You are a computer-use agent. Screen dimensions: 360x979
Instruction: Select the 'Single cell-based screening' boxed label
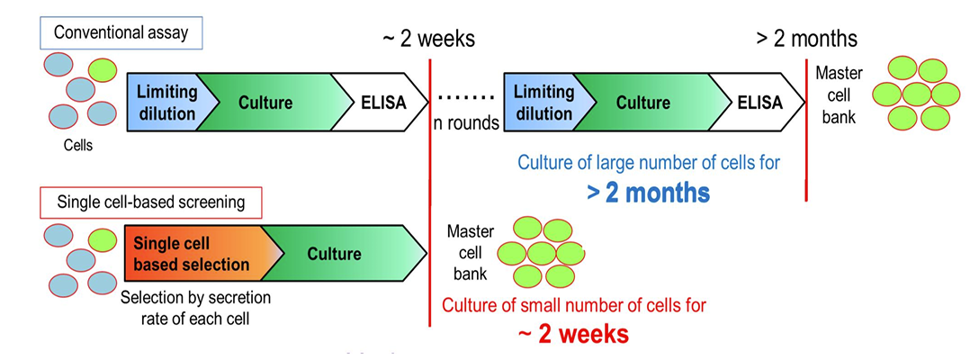(x=149, y=202)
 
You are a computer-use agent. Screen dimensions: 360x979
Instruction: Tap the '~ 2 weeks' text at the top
(x=428, y=39)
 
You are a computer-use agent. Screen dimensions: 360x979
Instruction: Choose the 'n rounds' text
(x=466, y=123)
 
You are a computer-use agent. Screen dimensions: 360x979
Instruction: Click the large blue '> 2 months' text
(x=648, y=193)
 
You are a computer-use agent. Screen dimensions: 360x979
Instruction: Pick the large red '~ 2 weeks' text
(x=572, y=334)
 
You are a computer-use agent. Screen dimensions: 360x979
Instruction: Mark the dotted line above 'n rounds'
(x=466, y=94)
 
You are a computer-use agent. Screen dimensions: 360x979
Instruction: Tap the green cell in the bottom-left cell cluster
(x=102, y=240)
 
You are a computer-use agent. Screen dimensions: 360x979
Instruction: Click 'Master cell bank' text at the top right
(x=837, y=94)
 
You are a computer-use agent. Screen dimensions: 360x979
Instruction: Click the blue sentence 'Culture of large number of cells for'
(x=648, y=163)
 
